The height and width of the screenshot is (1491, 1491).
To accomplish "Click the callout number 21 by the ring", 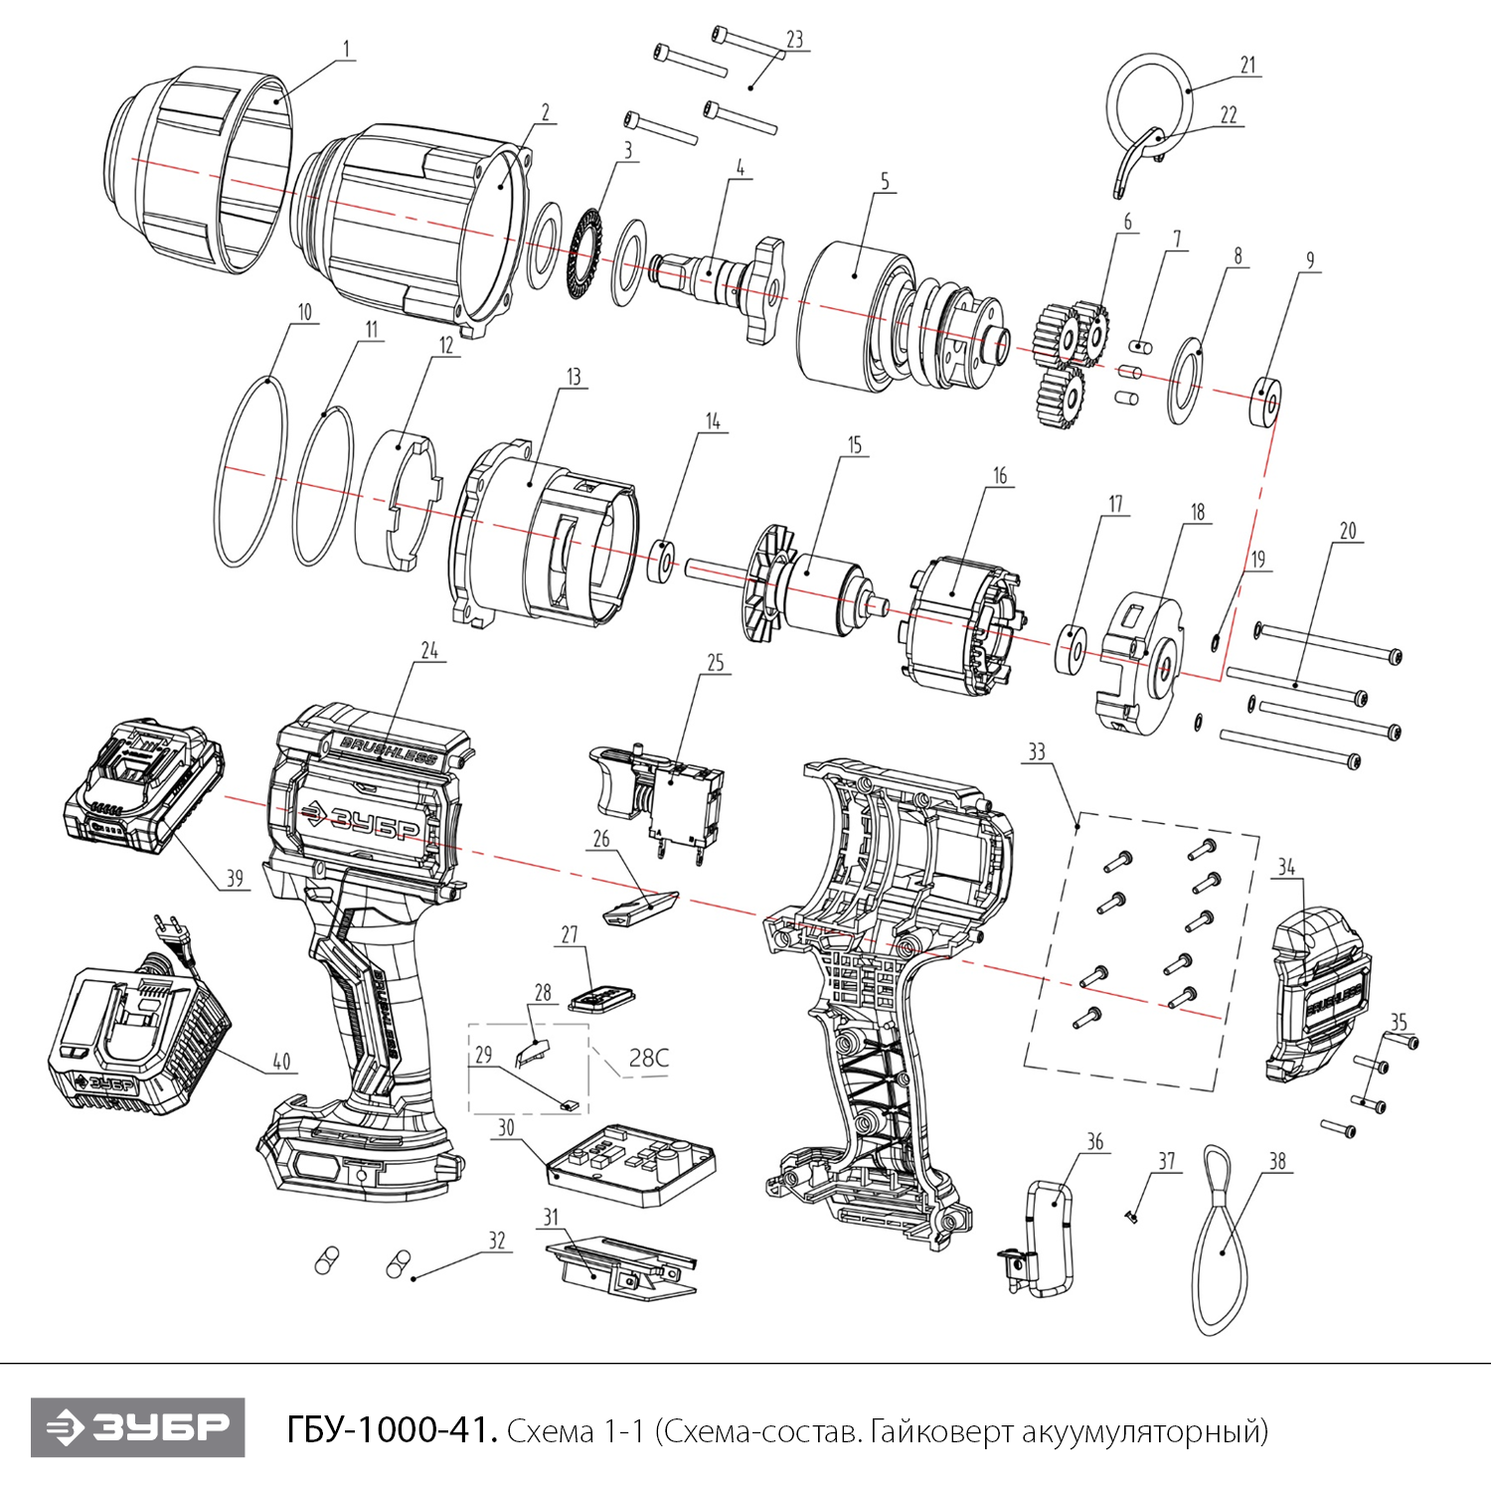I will tap(1247, 66).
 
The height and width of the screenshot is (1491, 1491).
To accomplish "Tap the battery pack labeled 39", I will tap(144, 785).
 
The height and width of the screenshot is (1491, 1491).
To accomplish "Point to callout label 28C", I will tap(648, 1058).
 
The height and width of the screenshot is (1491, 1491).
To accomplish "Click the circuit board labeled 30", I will tap(632, 1162).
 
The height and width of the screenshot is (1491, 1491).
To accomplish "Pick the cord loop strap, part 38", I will tap(1220, 1242).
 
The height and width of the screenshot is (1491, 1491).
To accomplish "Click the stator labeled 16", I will tap(959, 626).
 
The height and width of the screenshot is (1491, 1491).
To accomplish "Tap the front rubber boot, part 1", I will tap(199, 169).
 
